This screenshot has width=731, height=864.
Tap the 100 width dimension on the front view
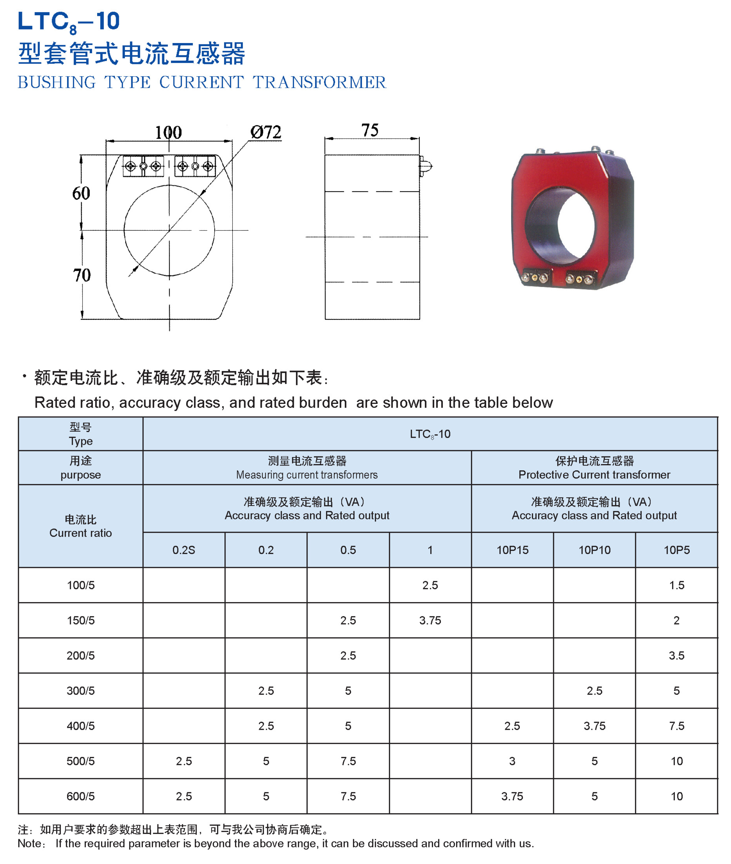168,133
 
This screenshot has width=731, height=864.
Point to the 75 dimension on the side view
370,130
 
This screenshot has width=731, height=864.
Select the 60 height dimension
81,193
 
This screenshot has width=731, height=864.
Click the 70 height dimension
82,275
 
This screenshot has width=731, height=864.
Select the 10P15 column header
512,550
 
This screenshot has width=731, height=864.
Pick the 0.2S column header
184,550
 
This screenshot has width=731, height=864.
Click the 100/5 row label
81,585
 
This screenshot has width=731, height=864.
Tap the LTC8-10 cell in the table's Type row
430,434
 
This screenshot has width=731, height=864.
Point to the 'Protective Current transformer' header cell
594,475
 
